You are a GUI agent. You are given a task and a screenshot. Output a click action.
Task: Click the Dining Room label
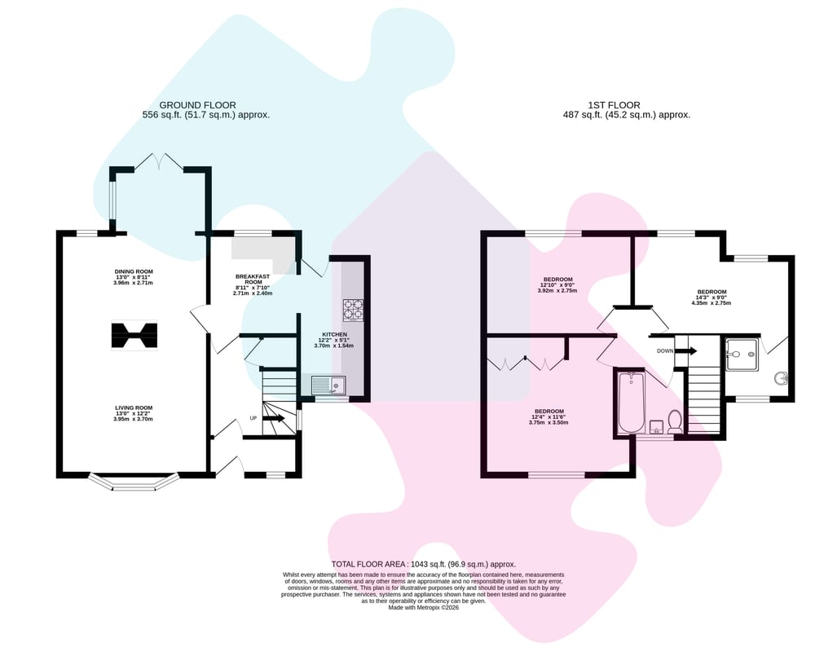tap(134, 277)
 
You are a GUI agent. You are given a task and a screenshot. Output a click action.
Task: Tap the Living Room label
tap(134, 413)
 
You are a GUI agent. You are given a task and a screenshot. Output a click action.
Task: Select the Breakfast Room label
tap(253, 285)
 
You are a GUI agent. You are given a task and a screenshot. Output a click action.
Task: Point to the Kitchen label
tap(334, 340)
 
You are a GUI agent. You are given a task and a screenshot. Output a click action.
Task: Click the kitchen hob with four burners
tap(353, 310)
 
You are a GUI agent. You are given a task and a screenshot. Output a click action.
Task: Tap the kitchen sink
tap(328, 385)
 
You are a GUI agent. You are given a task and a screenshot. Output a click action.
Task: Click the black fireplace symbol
tap(134, 336)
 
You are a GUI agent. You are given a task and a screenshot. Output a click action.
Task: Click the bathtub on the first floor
tap(632, 402)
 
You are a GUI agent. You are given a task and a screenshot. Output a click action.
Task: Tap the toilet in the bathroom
tap(675, 421)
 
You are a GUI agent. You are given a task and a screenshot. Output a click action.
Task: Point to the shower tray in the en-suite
tap(742, 355)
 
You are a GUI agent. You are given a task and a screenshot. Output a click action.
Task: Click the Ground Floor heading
tap(197, 105)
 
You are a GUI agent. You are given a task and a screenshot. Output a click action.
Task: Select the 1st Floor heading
tap(614, 105)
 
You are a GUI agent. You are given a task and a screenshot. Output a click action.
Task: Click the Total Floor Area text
tap(424, 564)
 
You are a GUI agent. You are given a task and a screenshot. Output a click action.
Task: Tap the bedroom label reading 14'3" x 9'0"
tap(711, 297)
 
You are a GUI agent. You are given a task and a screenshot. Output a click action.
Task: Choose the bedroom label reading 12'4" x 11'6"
tap(548, 417)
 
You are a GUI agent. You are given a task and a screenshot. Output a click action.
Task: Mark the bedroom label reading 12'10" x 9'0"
tap(557, 285)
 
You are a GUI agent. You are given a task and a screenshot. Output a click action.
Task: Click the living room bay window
tap(134, 482)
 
